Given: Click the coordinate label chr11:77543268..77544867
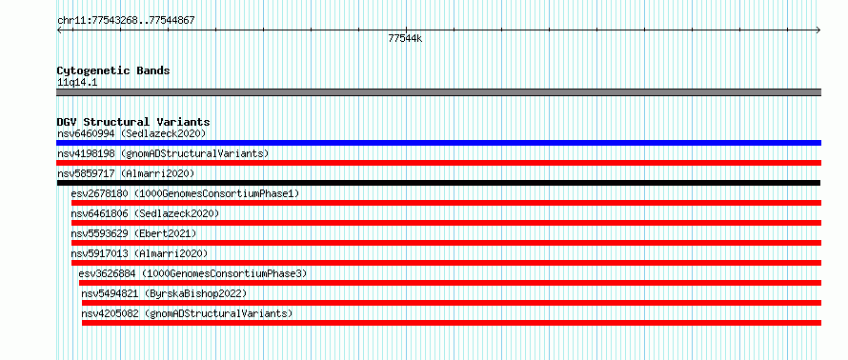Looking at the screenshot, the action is (126, 21).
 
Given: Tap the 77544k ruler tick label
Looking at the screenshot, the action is (405, 38).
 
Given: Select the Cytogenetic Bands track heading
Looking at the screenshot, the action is (113, 70).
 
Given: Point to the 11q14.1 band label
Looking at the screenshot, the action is (77, 83).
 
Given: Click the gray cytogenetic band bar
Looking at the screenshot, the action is (438, 92).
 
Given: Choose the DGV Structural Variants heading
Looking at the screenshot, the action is (133, 122).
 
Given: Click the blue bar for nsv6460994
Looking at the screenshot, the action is (438, 143).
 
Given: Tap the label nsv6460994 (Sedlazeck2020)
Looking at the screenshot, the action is (131, 133).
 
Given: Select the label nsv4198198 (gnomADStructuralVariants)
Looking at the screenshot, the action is (163, 153).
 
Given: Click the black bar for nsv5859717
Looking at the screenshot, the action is (438, 183).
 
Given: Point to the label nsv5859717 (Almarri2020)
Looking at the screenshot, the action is (126, 173).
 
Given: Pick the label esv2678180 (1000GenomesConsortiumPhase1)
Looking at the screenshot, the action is (185, 193).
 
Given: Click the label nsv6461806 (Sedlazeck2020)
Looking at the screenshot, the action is (145, 213).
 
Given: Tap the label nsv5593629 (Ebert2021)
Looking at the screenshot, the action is (133, 233).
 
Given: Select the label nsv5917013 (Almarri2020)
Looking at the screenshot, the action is (139, 253).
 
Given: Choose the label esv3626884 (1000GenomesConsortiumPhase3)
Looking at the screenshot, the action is (192, 273).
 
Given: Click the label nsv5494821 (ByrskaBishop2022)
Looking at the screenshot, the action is (164, 293).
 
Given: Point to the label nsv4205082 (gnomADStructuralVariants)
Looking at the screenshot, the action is (187, 313).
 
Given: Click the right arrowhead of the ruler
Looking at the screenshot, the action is (818, 30).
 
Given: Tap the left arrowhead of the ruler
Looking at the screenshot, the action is (59, 30).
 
